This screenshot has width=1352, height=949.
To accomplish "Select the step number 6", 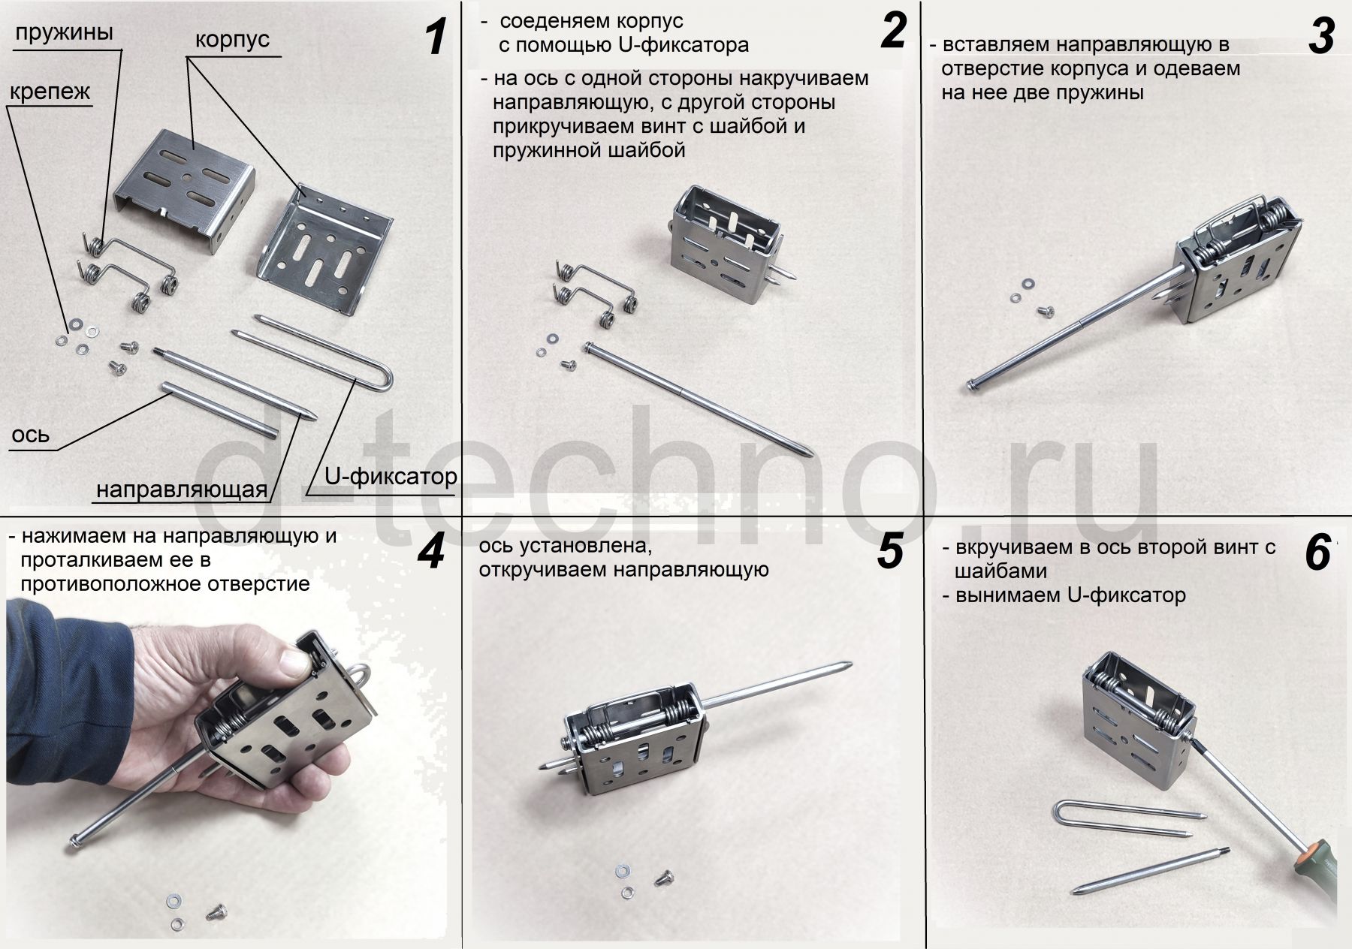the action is pyautogui.click(x=1318, y=553).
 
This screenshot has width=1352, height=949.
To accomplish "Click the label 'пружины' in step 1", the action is pyautogui.click(x=64, y=33).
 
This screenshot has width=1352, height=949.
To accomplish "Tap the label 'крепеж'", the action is pyautogui.click(x=50, y=92).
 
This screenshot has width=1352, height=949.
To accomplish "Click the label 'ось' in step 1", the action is pyautogui.click(x=31, y=435).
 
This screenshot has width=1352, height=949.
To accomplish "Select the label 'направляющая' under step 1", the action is pyautogui.click(x=182, y=490).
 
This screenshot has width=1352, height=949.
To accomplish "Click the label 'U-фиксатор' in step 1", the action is pyautogui.click(x=391, y=476).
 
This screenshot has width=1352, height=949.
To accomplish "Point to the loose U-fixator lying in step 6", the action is pyautogui.click(x=1123, y=818).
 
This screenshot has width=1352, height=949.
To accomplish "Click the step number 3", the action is pyautogui.click(x=1321, y=37).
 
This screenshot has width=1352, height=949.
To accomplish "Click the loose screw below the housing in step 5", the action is pyautogui.click(x=665, y=875).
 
